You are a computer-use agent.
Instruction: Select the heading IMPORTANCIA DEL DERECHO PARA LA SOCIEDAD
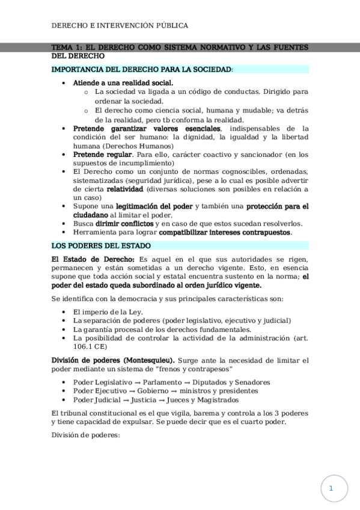[x=141, y=70]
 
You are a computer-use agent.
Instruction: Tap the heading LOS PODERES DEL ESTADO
[x=101, y=246]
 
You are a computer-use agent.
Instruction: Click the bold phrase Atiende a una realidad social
[x=123, y=83]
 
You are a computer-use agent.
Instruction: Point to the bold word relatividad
[x=126, y=189]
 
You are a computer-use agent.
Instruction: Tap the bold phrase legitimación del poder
[x=154, y=206]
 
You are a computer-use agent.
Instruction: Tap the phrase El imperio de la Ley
[x=108, y=312]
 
